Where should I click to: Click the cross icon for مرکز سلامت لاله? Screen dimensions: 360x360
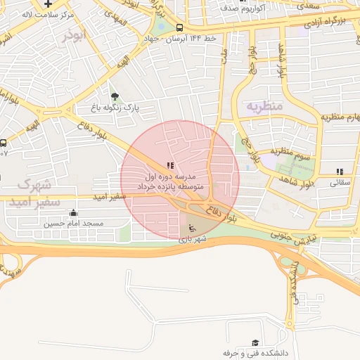pos(48,4)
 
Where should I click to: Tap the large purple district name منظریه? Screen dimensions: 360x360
pos(264,105)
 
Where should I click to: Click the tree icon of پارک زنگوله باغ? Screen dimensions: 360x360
pos(115,96)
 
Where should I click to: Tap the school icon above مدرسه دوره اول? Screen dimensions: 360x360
pos(170,165)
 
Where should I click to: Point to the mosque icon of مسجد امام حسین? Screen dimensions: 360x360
pos(73,213)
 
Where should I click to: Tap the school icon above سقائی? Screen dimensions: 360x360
pos(340,171)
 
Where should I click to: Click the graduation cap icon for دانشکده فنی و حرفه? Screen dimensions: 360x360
pos(255,342)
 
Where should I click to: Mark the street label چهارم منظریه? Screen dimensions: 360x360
pos(340,116)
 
